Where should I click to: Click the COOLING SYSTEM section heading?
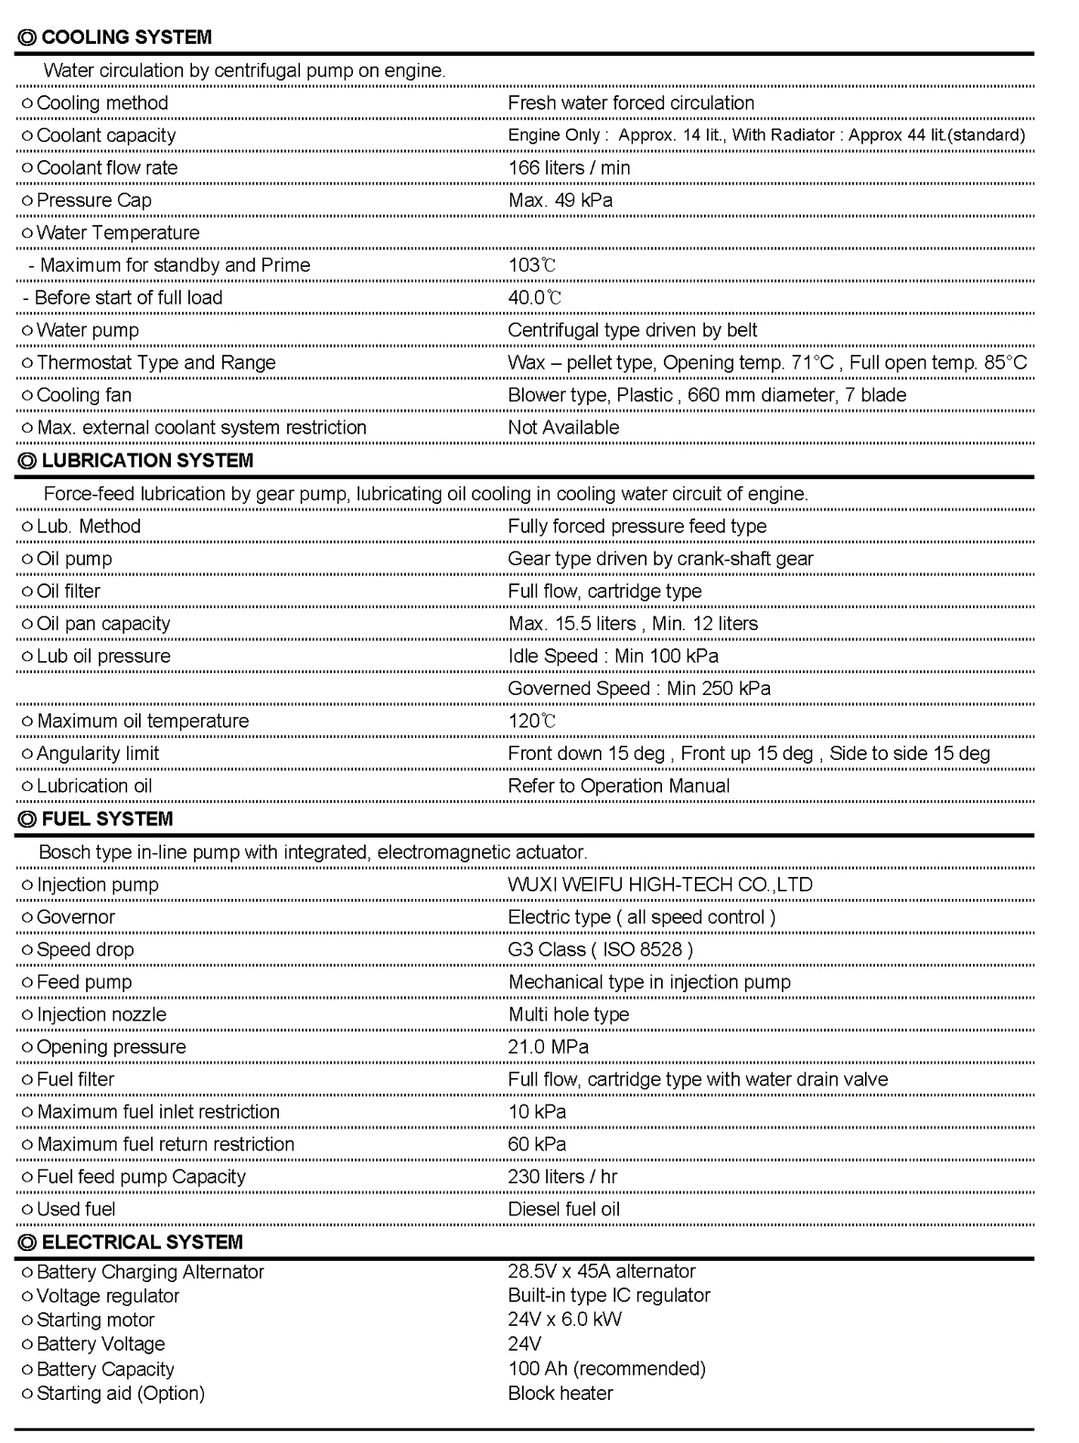tap(126, 37)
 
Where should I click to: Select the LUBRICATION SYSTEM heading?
tap(147, 460)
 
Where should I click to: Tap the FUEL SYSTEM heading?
tap(107, 818)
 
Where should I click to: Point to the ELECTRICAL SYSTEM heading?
tap(142, 1242)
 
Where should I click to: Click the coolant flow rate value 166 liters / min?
tap(569, 167)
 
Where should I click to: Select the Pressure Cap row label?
tap(93, 200)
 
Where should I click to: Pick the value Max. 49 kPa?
tap(561, 200)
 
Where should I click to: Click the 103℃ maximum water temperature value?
tap(532, 265)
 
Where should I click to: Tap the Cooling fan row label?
tap(83, 395)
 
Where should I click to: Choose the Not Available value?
tap(563, 427)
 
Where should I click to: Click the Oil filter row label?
tap(68, 591)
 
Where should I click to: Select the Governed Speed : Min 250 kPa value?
tap(639, 688)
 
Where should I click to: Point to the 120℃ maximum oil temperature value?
tap(532, 721)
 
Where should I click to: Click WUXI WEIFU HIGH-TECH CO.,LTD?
tap(660, 884)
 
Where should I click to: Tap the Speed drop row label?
tap(84, 949)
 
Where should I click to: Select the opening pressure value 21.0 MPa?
tap(549, 1046)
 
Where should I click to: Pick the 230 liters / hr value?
tap(562, 1176)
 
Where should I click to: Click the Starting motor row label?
tap(95, 1320)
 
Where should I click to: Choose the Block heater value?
tap(561, 1393)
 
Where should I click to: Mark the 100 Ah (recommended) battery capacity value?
tap(607, 1369)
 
